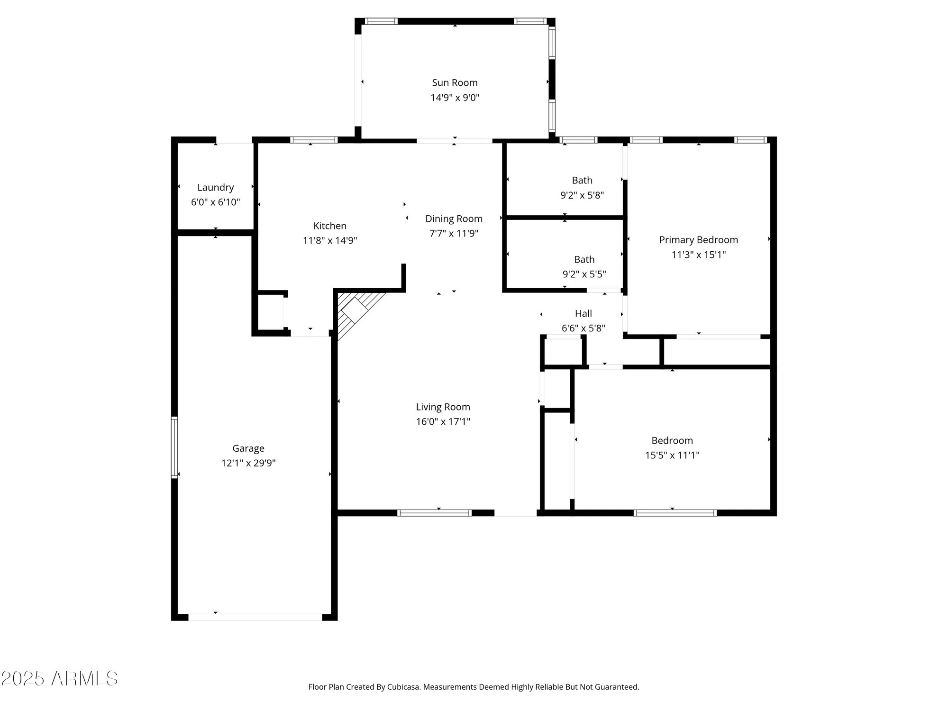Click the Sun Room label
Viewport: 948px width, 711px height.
click(x=455, y=82)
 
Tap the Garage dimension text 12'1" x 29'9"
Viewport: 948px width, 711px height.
click(x=248, y=463)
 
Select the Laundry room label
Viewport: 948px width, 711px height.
click(x=215, y=187)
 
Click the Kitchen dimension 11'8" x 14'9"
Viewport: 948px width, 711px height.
click(x=330, y=240)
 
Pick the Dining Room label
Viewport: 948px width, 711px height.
click(x=454, y=219)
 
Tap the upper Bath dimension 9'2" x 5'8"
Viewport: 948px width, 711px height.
click(x=582, y=195)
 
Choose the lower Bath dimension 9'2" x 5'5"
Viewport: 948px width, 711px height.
click(x=584, y=274)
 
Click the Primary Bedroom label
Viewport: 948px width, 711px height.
click(x=698, y=240)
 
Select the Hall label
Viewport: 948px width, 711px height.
click(x=583, y=313)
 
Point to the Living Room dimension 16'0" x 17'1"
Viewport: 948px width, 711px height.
click(x=443, y=421)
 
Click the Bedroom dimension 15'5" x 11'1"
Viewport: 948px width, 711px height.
click(x=672, y=455)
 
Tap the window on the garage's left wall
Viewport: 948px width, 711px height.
click(x=174, y=447)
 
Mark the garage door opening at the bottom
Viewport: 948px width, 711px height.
click(x=255, y=617)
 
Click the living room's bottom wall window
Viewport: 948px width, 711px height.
click(x=434, y=513)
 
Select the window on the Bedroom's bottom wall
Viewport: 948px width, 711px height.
click(x=675, y=513)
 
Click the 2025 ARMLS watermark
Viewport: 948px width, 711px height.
click(x=59, y=678)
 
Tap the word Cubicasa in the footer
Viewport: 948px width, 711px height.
click(x=403, y=687)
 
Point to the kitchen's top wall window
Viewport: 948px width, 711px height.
click(x=313, y=140)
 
